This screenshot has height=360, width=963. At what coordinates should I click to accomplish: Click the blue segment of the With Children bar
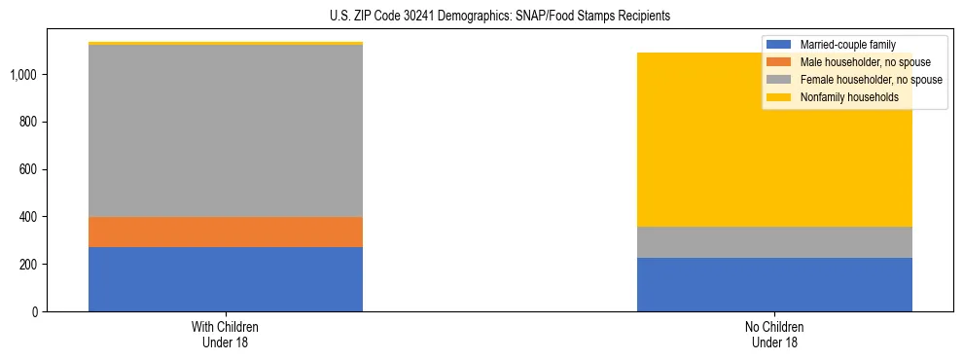226,279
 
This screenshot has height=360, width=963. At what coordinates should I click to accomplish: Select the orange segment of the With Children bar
226,232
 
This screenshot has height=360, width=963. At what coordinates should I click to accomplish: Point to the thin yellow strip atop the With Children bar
226,44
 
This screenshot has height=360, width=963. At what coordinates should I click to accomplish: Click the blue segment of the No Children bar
774,284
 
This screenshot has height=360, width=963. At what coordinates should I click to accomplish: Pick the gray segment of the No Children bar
774,242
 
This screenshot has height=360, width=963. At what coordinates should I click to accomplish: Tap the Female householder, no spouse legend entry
866,80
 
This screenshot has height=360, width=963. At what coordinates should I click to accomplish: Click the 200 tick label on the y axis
28,265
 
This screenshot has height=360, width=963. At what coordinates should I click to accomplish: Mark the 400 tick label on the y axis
28,217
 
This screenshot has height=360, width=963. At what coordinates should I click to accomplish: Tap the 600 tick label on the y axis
28,169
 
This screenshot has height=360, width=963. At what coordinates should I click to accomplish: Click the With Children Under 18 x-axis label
226,335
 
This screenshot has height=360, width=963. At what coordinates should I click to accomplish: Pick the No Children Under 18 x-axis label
774,335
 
